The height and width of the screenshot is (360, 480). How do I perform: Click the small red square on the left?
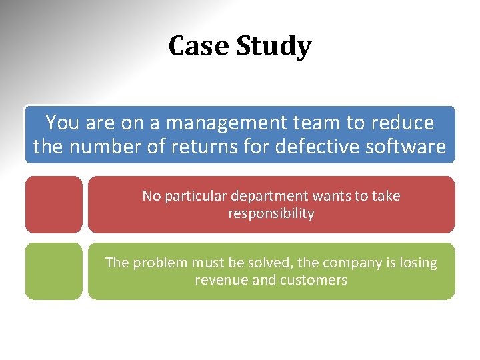[x=54, y=204]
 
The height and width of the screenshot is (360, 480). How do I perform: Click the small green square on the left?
[x=54, y=271]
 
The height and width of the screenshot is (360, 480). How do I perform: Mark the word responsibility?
[x=271, y=213]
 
